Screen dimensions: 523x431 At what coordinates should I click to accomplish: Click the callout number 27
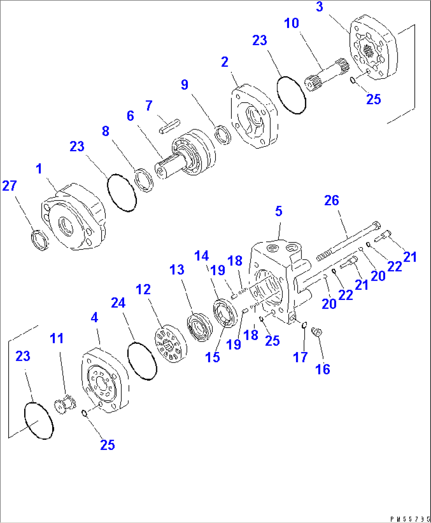tap(9, 186)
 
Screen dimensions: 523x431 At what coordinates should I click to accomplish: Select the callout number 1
tap(39, 169)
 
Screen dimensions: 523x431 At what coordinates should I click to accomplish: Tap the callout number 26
tap(331, 201)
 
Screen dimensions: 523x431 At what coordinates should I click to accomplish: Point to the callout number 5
tap(279, 211)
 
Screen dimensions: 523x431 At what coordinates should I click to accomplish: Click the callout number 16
tap(323, 369)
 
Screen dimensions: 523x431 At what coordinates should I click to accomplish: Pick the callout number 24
tap(118, 303)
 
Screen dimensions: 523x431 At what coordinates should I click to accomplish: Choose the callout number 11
tap(57, 339)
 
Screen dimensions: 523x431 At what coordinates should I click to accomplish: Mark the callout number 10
tap(291, 23)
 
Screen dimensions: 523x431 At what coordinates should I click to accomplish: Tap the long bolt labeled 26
tap(348, 241)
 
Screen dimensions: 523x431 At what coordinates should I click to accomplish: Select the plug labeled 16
tap(317, 332)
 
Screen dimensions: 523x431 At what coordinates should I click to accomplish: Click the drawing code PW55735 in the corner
tap(410, 519)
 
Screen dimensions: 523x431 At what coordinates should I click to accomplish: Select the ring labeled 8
tap(144, 180)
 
